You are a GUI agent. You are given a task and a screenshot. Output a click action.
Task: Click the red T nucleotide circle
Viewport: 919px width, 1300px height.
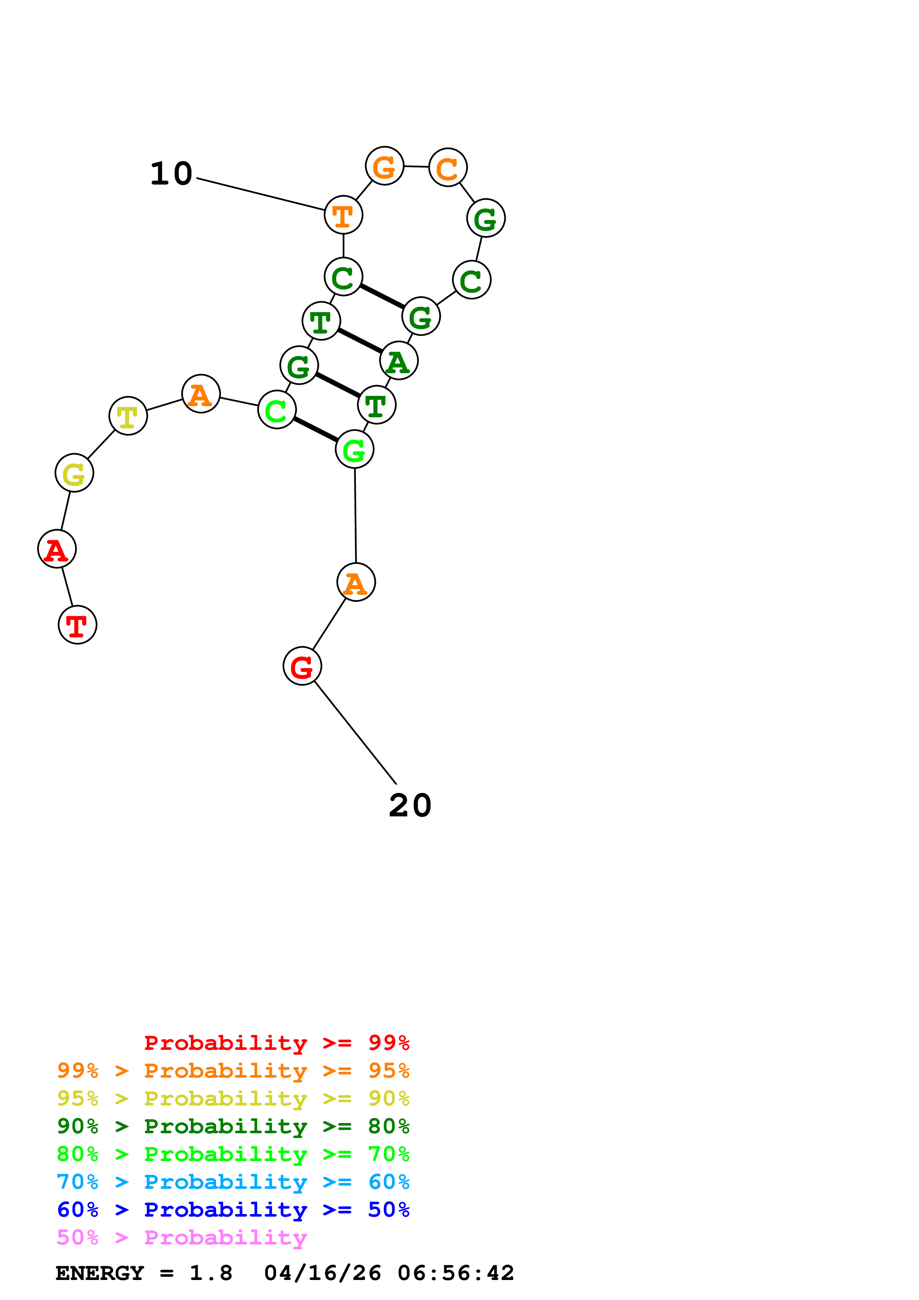click(77, 625)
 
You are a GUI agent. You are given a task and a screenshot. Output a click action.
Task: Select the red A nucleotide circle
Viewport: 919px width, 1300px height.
click(57, 549)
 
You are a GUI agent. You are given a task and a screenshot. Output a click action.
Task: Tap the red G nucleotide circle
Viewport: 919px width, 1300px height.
click(303, 666)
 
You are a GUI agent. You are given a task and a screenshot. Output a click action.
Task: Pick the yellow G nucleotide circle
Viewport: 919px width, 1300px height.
click(74, 473)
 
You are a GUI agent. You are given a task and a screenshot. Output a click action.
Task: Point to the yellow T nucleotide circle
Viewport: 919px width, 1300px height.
click(129, 416)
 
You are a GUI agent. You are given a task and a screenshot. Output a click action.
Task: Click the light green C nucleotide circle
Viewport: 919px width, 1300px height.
click(277, 410)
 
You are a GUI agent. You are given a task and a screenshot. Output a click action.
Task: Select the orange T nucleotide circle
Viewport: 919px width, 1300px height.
click(344, 215)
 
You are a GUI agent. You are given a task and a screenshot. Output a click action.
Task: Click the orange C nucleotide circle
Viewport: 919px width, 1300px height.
click(448, 168)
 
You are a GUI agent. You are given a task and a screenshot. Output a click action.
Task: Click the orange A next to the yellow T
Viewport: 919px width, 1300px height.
click(201, 394)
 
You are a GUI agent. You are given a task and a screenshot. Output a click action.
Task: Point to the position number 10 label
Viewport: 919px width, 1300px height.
click(171, 174)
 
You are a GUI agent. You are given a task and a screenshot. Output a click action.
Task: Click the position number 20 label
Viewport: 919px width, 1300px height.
click(410, 806)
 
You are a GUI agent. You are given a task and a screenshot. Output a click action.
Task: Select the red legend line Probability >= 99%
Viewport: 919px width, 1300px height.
click(276, 1043)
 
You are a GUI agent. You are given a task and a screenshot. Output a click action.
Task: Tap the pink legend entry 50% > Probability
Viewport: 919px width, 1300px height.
click(182, 1238)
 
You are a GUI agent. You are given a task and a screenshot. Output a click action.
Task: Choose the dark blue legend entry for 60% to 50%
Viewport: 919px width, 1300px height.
click(233, 1210)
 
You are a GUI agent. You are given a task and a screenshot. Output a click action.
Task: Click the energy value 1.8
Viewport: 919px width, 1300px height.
click(211, 1273)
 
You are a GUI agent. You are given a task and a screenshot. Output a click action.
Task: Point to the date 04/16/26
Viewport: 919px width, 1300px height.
click(323, 1273)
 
